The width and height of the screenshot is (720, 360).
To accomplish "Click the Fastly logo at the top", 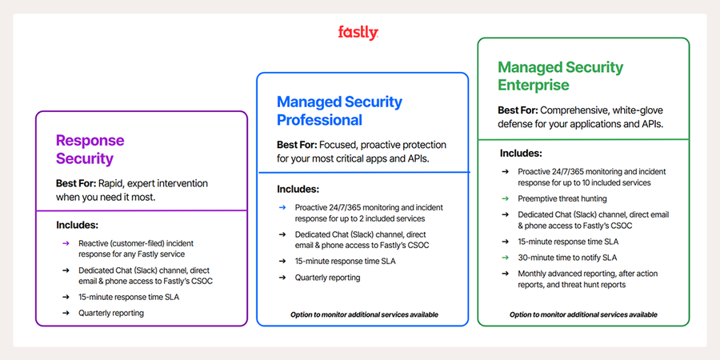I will point(358,33).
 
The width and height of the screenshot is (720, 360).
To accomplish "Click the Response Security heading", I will point(90,150).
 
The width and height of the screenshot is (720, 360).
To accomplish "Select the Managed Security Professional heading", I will point(339,111).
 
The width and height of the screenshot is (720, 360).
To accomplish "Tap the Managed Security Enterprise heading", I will point(560,75).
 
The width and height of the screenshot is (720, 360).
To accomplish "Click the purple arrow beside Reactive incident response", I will point(66,242).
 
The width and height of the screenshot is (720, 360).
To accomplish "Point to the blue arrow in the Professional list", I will point(282,207).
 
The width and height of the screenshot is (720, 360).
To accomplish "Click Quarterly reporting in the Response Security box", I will point(111,313).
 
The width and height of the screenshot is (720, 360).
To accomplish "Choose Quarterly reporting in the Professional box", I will point(327,277).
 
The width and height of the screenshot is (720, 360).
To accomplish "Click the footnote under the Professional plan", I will point(364,314).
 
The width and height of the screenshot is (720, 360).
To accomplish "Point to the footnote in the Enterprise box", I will point(583,314).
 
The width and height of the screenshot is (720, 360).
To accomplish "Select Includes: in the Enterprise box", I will point(521,153).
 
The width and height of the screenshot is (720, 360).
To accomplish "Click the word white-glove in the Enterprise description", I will point(627,110).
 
